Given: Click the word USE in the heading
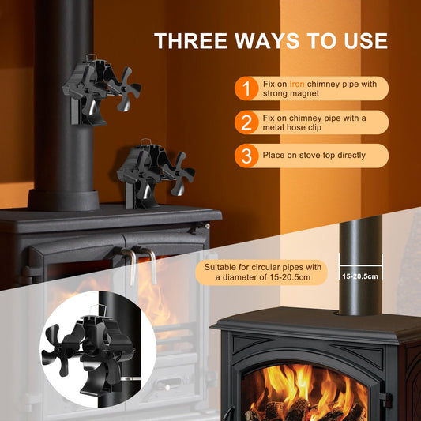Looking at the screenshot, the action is pyautogui.click(x=366, y=41).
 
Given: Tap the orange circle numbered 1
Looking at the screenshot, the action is pyautogui.click(x=246, y=88).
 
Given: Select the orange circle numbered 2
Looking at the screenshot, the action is pyautogui.click(x=246, y=122).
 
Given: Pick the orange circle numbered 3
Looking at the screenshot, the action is pyautogui.click(x=246, y=156).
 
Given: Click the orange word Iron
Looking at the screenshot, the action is pyautogui.click(x=297, y=84).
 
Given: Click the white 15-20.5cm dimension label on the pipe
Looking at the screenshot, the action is pyautogui.click(x=360, y=276).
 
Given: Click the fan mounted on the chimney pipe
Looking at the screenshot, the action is pyautogui.click(x=101, y=90).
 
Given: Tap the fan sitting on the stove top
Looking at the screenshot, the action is pyautogui.click(x=156, y=174).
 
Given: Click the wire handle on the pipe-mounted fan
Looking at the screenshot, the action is pyautogui.click(x=92, y=57).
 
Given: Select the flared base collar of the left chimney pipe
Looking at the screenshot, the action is pyautogui.click(x=64, y=200).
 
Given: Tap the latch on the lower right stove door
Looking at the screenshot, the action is pyautogui.click(x=385, y=400).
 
